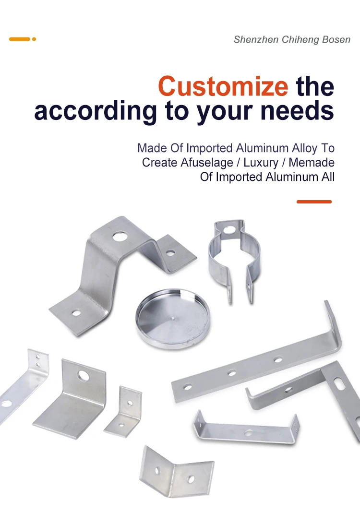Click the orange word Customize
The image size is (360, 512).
(223, 86)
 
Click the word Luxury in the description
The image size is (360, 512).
(261, 163)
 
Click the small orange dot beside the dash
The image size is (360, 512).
(34, 39)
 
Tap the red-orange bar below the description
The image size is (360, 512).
(314, 202)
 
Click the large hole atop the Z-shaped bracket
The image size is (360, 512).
(120, 236)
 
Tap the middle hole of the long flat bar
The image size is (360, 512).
(232, 372)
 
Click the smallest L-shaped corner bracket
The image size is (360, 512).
(124, 411)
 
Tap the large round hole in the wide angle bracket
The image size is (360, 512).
(84, 375)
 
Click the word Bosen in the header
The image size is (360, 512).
(336, 39)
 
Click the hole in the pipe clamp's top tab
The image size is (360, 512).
(228, 230)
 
